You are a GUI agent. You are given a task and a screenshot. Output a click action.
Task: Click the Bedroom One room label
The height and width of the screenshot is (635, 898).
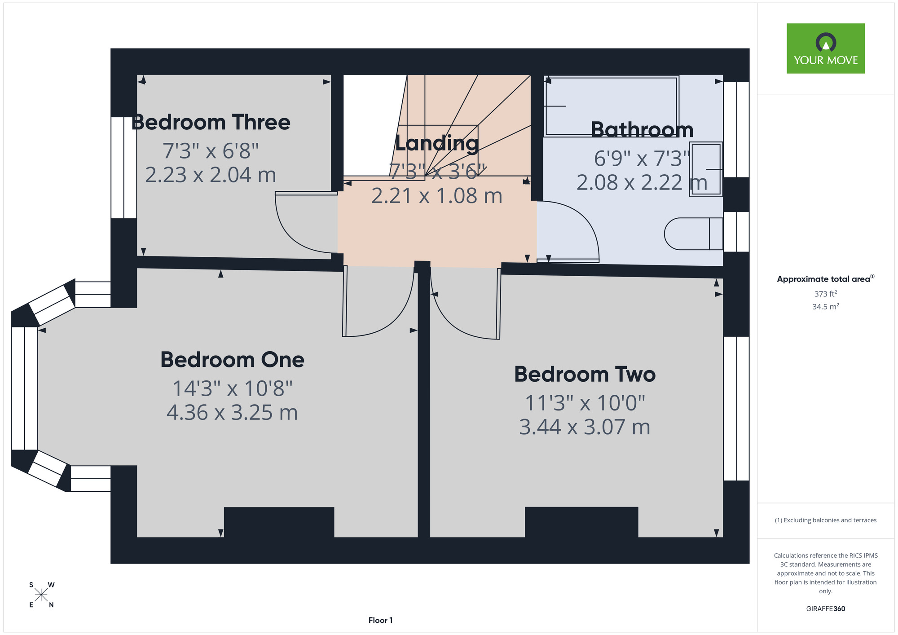pyautogui.click(x=232, y=360)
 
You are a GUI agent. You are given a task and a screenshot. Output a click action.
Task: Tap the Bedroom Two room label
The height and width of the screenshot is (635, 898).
pyautogui.click(x=585, y=374)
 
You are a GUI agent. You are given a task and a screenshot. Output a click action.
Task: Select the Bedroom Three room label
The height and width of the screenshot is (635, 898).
pyautogui.click(x=211, y=122)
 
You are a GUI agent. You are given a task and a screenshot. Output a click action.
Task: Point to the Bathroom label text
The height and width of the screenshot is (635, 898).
pyautogui.click(x=642, y=130)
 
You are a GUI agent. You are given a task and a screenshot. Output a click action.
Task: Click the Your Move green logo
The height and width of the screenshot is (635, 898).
pyautogui.click(x=826, y=49)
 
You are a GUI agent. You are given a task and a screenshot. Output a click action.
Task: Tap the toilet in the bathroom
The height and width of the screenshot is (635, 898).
pyautogui.click(x=694, y=234)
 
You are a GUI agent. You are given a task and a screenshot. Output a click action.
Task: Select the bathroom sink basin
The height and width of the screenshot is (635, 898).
pyautogui.click(x=706, y=169)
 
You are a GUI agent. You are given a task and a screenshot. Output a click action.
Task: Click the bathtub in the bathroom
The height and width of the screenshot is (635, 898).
pyautogui.click(x=611, y=106)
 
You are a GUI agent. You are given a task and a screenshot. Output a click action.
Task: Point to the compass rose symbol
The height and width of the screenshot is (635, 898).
pyautogui.click(x=41, y=595)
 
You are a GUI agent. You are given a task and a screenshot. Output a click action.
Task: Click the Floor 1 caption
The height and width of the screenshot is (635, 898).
pyautogui.click(x=380, y=620)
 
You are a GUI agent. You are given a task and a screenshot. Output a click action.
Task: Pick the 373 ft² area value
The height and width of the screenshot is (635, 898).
pyautogui.click(x=826, y=294)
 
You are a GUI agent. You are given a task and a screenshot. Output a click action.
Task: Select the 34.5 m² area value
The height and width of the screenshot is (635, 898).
pyautogui.click(x=826, y=307)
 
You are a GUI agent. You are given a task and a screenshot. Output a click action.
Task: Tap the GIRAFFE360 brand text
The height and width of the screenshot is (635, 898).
pyautogui.click(x=826, y=609)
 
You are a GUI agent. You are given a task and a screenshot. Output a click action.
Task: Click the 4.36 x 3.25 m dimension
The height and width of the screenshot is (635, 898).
pyautogui.click(x=232, y=413)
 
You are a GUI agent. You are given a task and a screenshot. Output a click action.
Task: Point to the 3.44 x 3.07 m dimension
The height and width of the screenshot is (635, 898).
pyautogui.click(x=585, y=427)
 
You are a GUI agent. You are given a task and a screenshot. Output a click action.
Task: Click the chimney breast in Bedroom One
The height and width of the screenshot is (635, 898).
pyautogui.click(x=279, y=522)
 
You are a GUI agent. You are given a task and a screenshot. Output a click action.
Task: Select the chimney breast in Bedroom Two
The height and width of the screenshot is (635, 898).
pyautogui.click(x=581, y=522)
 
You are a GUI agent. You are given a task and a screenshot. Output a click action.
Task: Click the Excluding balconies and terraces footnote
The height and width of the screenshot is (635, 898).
pyautogui.click(x=826, y=520)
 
